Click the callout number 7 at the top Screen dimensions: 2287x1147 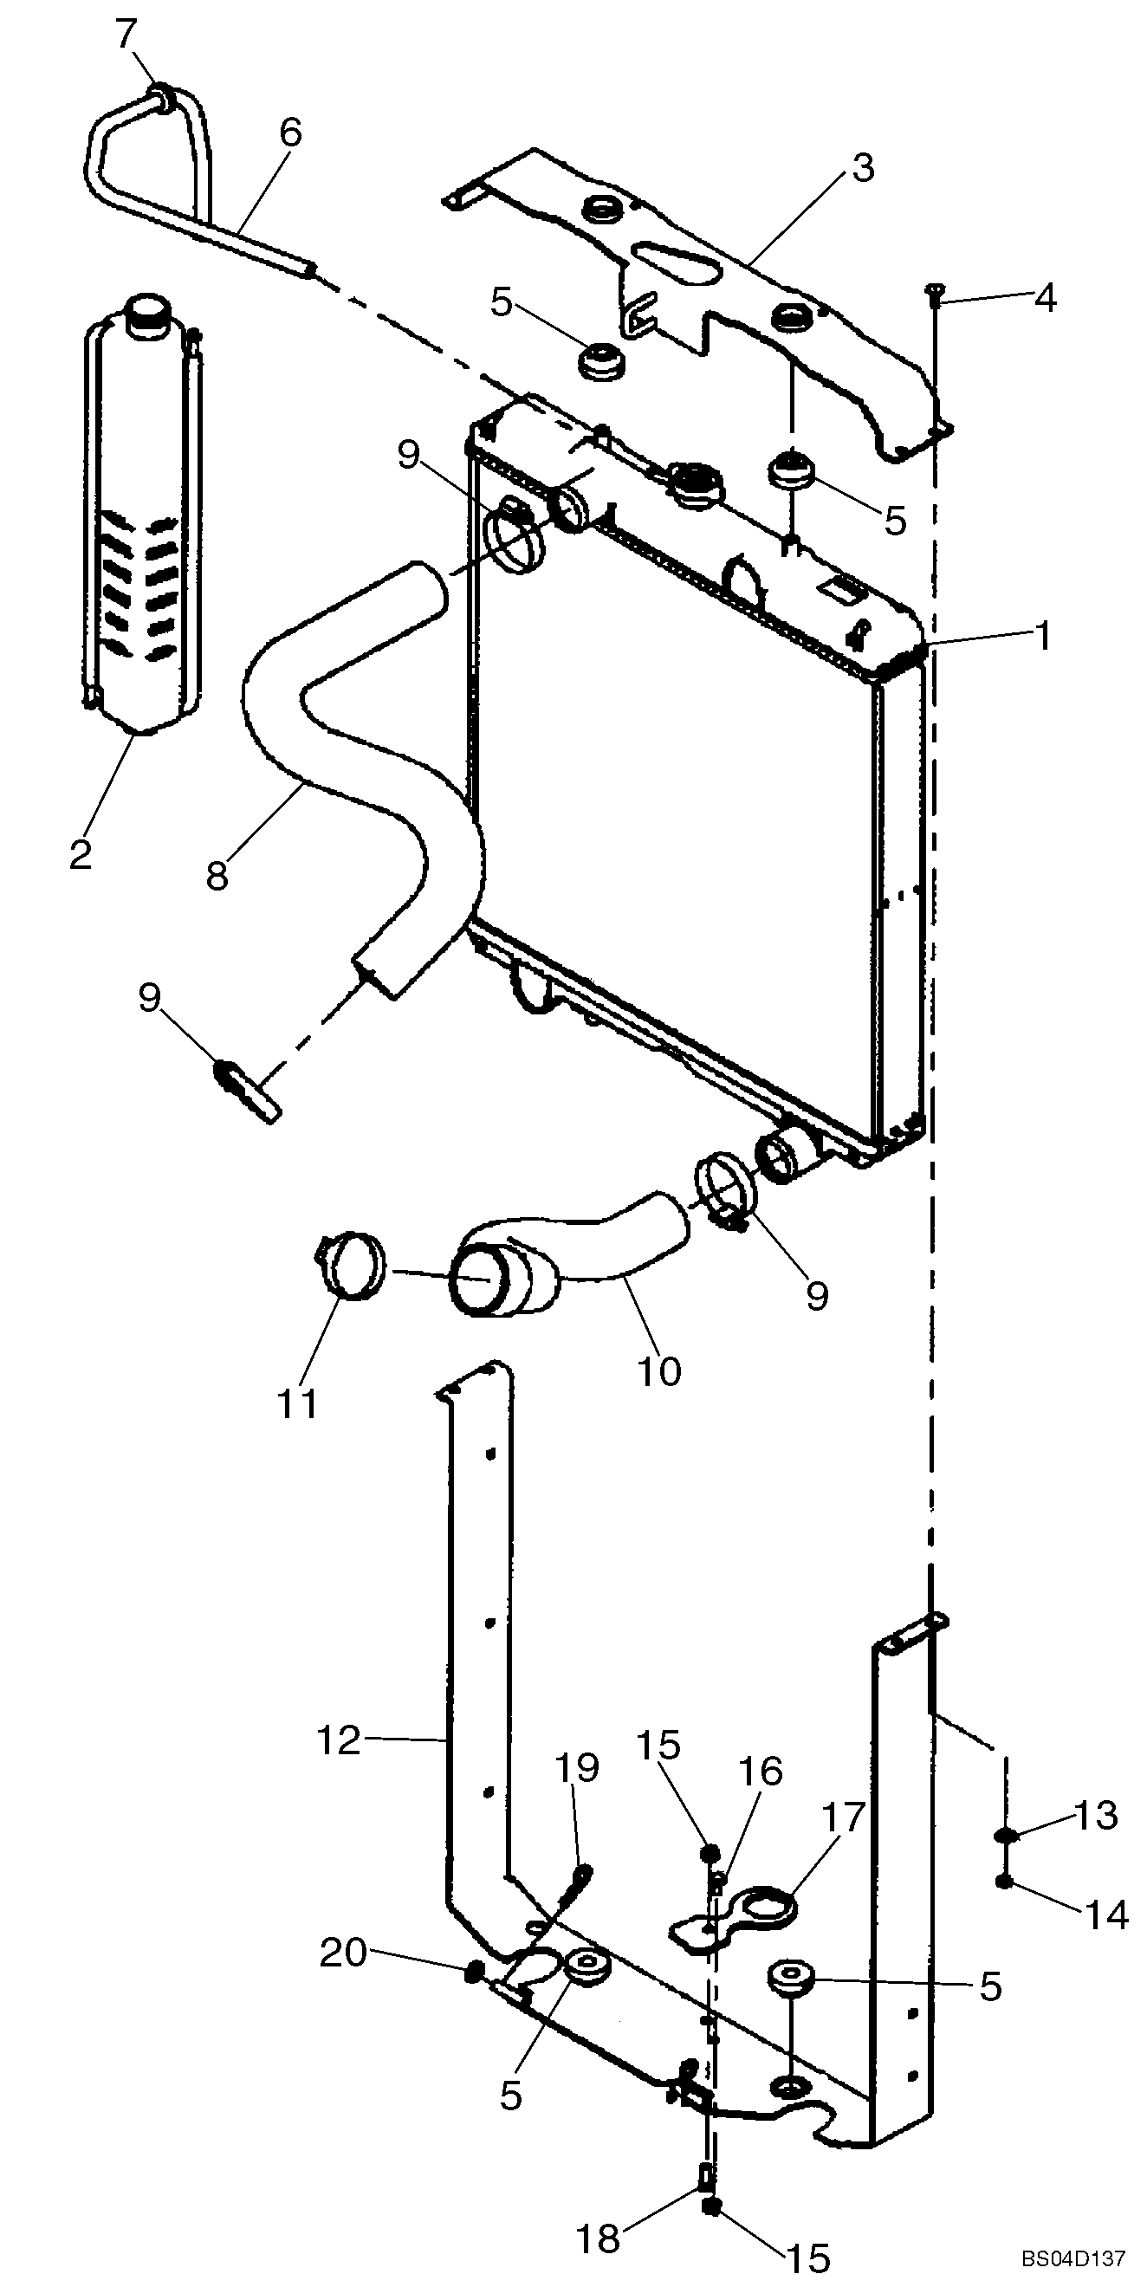[x=126, y=35]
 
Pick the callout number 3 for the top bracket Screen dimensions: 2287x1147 [x=862, y=168]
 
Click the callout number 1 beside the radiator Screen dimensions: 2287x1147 [x=1043, y=636]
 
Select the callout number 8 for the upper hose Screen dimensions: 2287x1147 [x=217, y=874]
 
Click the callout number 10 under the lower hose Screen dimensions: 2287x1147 [x=659, y=1370]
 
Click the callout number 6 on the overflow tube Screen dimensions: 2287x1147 [x=290, y=133]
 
